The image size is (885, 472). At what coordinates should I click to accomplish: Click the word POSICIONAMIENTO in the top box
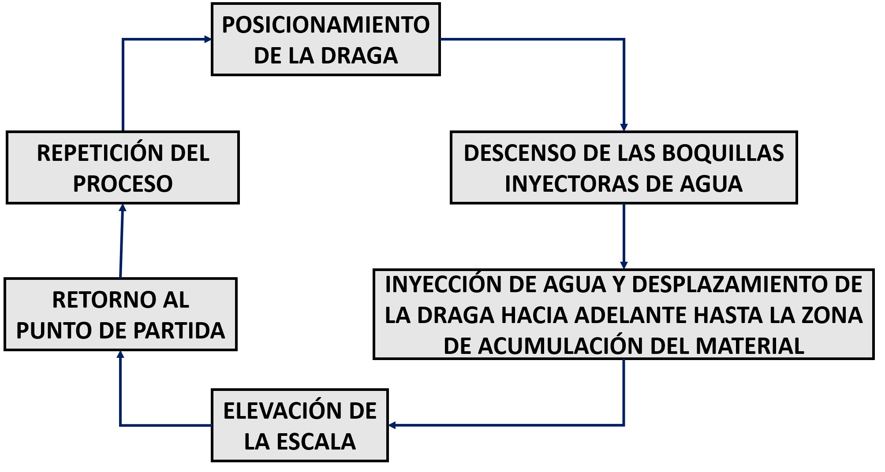click(325, 25)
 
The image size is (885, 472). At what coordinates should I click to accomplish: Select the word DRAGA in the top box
click(359, 56)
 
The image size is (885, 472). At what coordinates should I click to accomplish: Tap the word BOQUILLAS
click(723, 153)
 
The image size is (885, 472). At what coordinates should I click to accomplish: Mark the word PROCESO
click(123, 184)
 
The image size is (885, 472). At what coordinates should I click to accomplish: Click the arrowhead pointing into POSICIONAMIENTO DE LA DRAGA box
click(208, 39)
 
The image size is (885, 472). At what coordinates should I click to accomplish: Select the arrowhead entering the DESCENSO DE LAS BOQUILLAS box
click(624, 127)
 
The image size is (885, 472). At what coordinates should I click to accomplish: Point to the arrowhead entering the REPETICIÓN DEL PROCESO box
click(123, 208)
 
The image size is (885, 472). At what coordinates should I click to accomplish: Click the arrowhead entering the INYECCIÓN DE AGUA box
click(624, 265)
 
